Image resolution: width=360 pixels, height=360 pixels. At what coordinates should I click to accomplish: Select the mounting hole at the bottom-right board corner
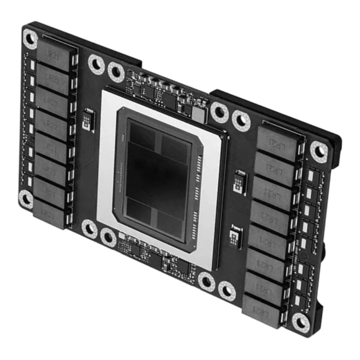[x=300, y=321]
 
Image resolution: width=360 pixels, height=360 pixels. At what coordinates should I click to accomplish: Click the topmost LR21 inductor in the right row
[x=278, y=144]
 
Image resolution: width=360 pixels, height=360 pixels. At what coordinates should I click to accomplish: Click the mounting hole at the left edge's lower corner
[x=25, y=198]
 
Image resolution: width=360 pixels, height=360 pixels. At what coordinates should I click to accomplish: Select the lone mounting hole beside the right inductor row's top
[x=319, y=151]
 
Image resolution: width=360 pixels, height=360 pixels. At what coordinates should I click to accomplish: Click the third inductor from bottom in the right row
[x=266, y=261]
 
